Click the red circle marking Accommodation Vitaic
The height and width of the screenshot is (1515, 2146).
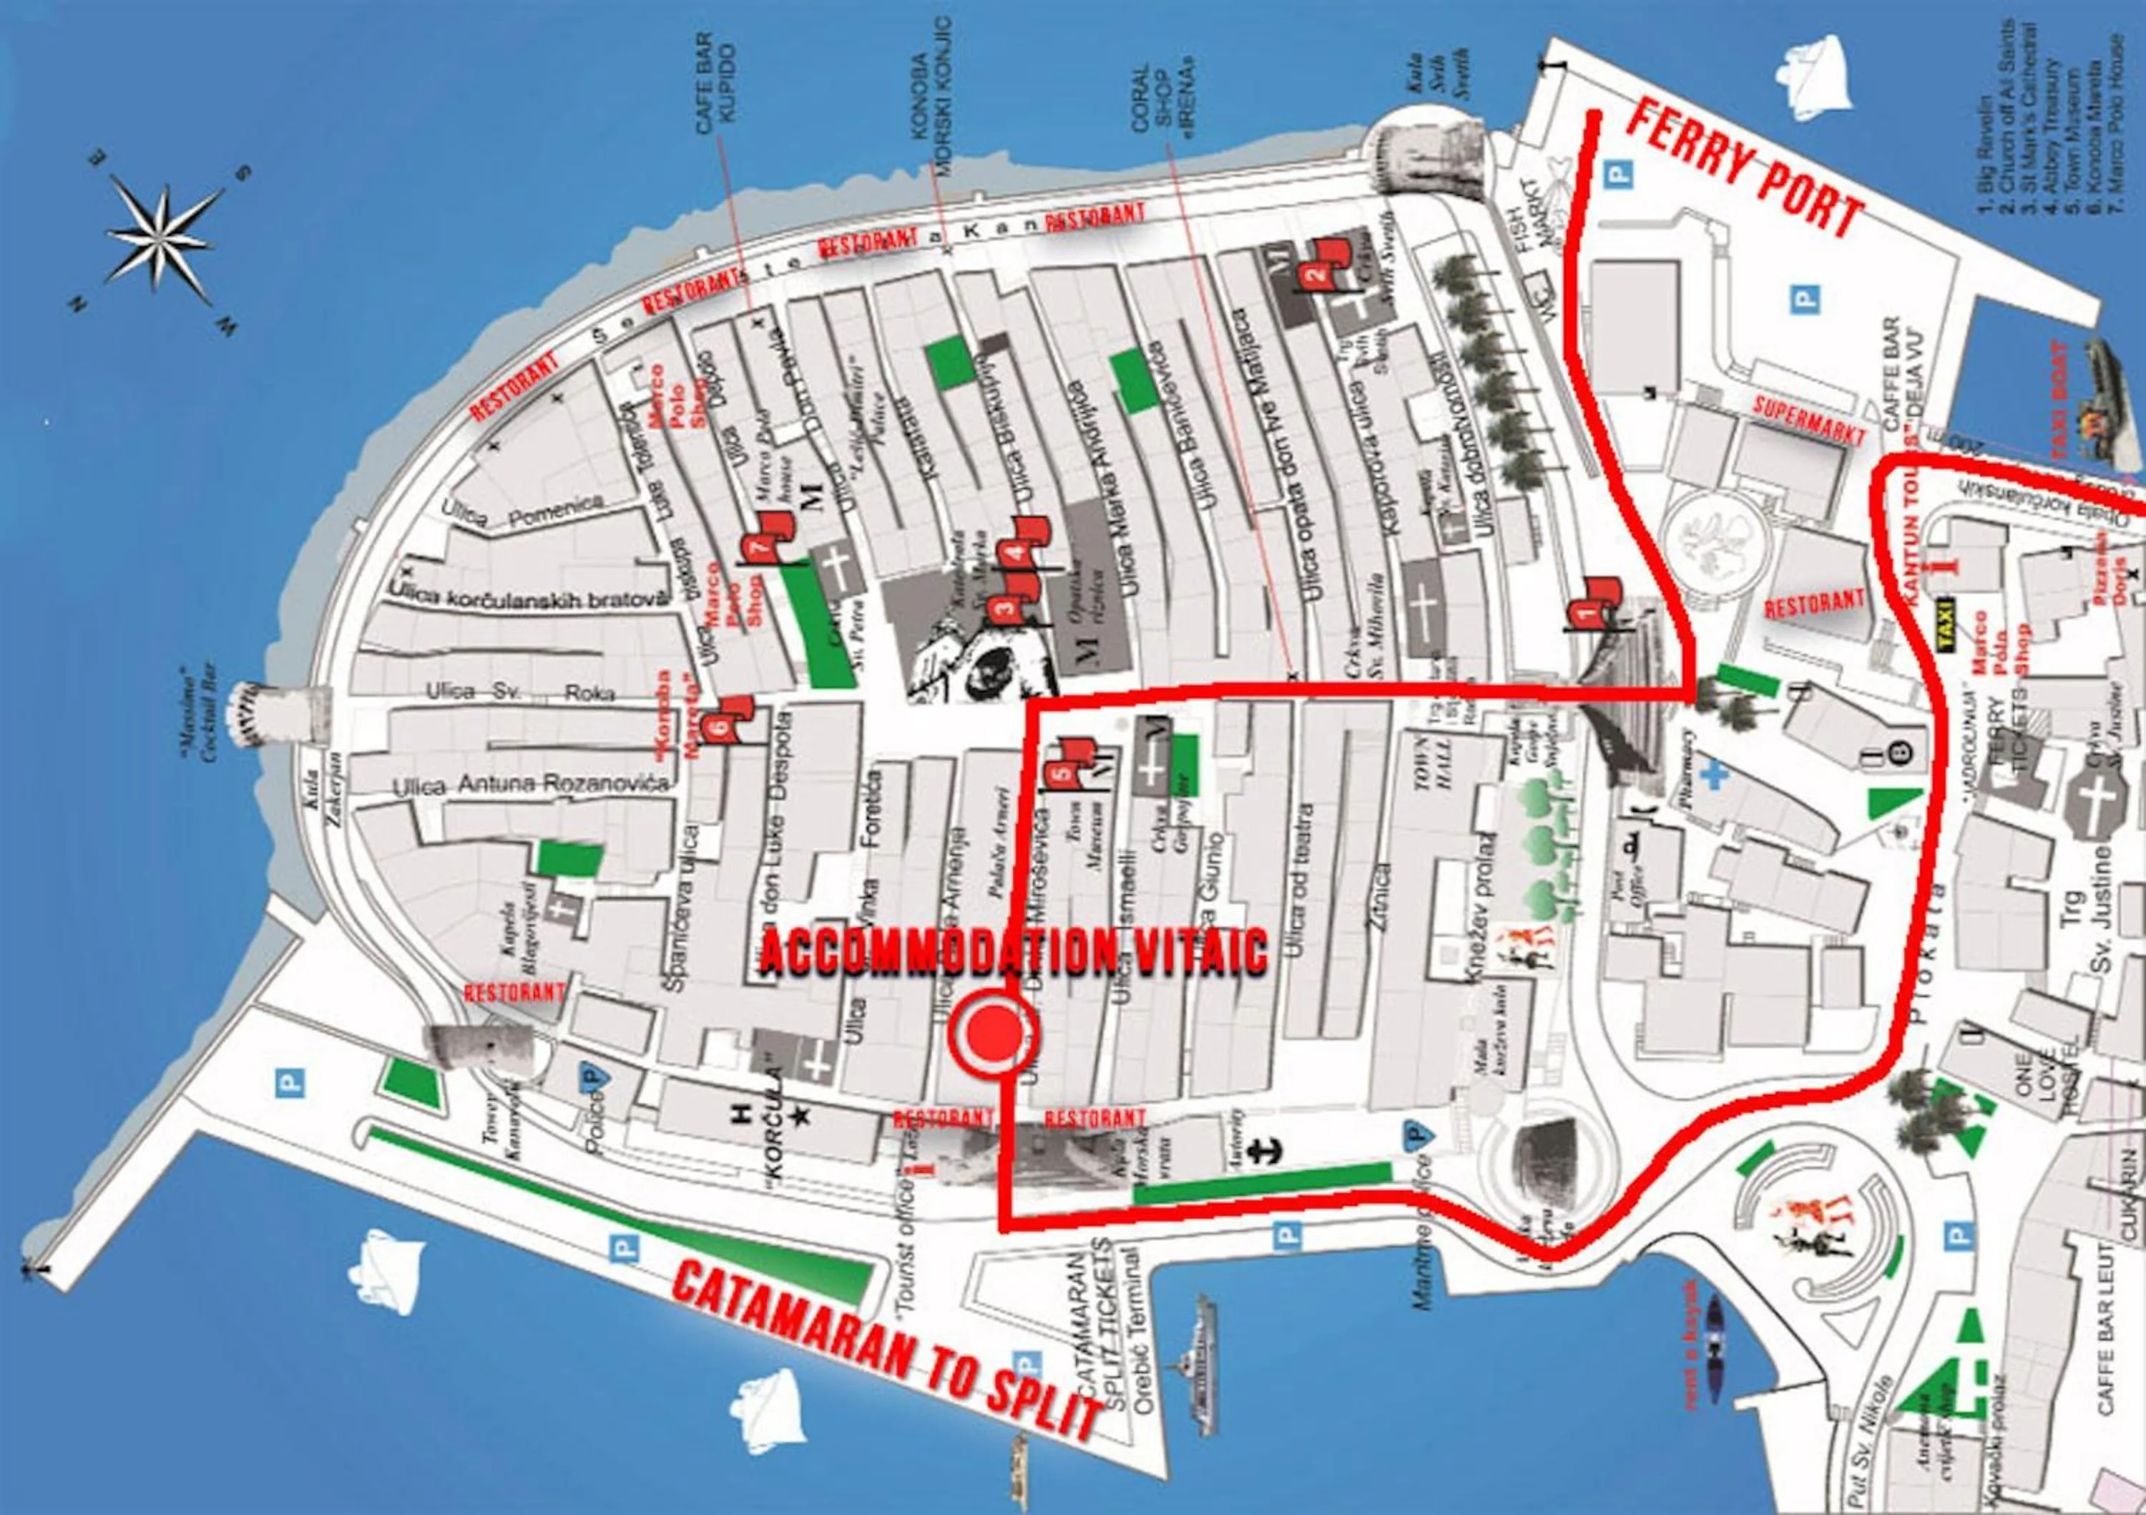pos(993,1031)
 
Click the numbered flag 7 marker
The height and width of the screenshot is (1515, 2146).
pos(760,549)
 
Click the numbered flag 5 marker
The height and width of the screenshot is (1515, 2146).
pos(1063,774)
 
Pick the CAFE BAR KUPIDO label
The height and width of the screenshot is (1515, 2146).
pos(717,82)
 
